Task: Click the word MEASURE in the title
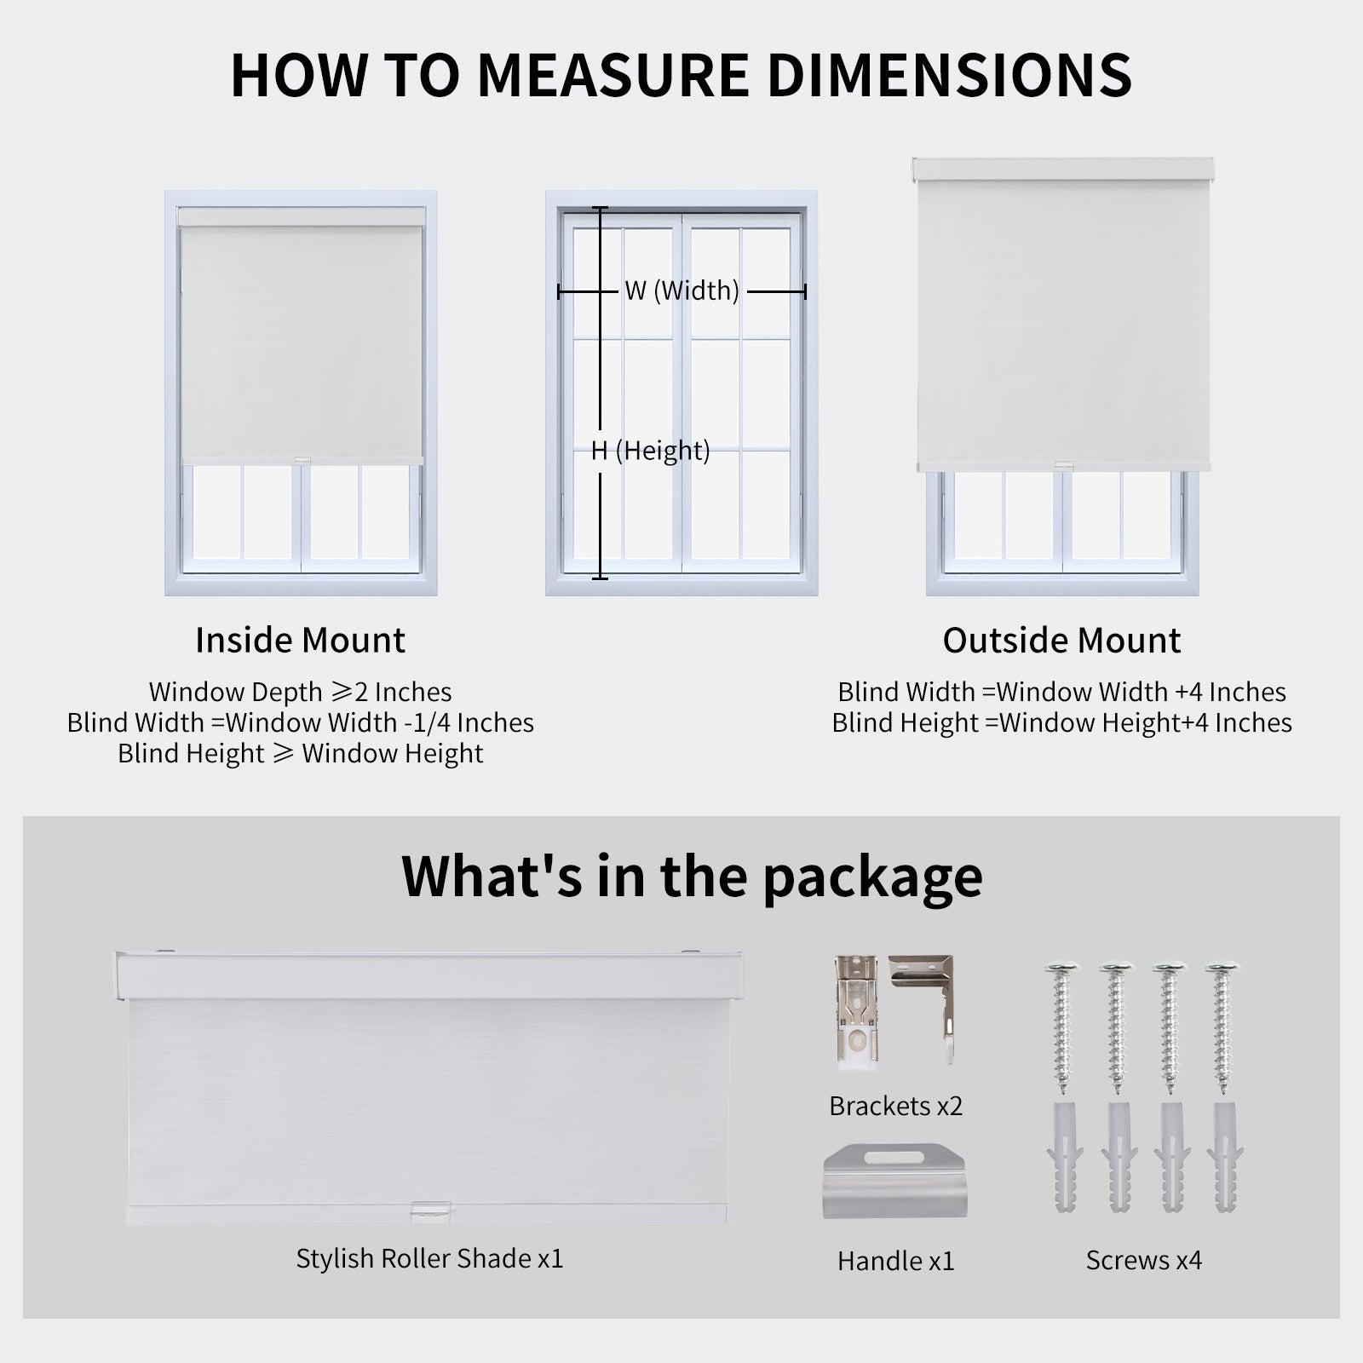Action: pyautogui.click(x=612, y=75)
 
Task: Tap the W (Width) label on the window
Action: pyautogui.click(x=681, y=291)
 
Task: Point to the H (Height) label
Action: pyautogui.click(x=650, y=451)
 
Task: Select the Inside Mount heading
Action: pyautogui.click(x=300, y=641)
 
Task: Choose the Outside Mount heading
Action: pyautogui.click(x=1061, y=641)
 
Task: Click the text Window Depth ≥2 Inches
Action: pyautogui.click(x=300, y=692)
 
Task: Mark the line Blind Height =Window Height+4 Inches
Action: pyautogui.click(x=1061, y=723)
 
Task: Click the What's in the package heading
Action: pyautogui.click(x=692, y=876)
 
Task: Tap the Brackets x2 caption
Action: pyautogui.click(x=895, y=1106)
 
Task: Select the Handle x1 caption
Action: pyautogui.click(x=895, y=1261)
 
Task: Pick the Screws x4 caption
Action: pyautogui.click(x=1143, y=1260)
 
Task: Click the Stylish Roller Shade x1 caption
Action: pyautogui.click(x=429, y=1258)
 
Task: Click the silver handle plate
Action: pyautogui.click(x=895, y=1184)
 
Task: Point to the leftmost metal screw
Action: pyautogui.click(x=1061, y=1027)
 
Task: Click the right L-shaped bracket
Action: pyautogui.click(x=924, y=1005)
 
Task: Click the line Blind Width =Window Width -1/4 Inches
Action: pyautogui.click(x=300, y=723)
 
